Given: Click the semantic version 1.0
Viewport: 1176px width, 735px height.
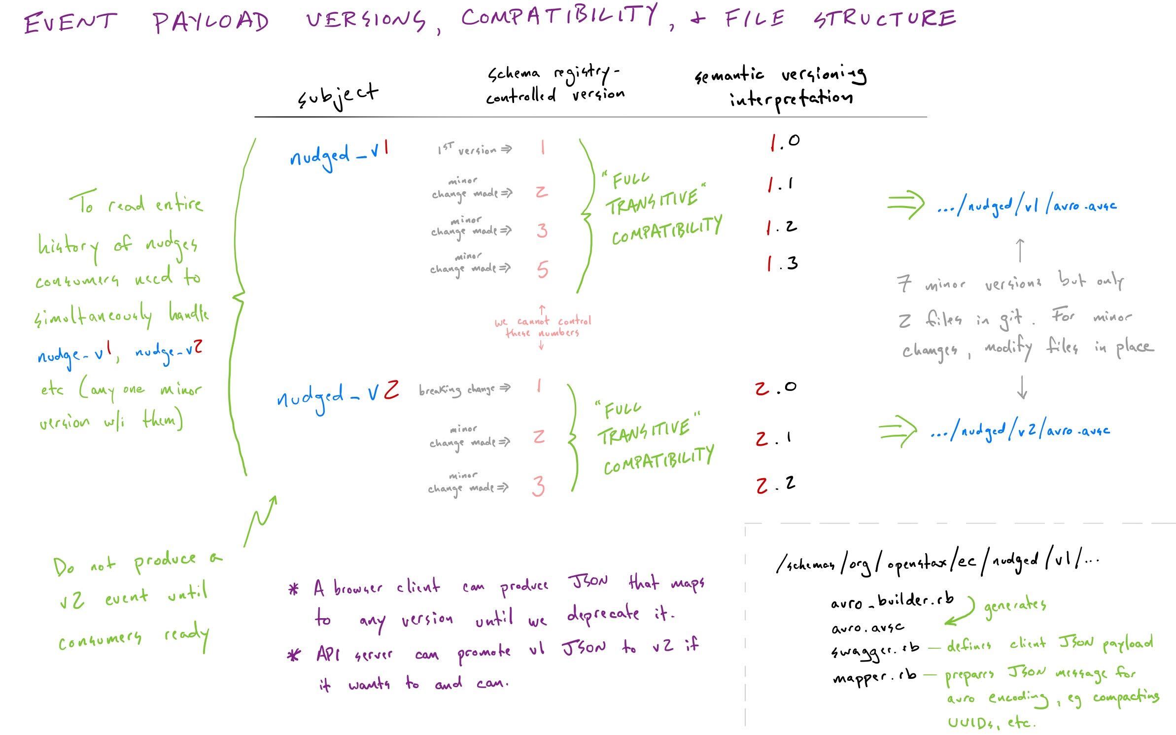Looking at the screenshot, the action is point(785,142).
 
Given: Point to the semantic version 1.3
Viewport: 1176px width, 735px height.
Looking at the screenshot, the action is point(782,264).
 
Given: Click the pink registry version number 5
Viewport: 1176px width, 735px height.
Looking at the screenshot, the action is point(542,270).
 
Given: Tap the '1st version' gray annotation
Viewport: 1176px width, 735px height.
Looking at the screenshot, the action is point(474,149).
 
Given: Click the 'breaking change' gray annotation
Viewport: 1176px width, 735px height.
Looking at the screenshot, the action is point(464,389).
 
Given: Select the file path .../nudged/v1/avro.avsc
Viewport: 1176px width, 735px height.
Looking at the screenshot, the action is point(1027,206).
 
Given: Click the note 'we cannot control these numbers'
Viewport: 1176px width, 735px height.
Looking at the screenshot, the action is point(542,327).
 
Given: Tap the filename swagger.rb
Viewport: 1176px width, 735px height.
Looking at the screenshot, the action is point(875,650).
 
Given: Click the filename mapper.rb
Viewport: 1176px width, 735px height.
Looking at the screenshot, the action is point(874,676).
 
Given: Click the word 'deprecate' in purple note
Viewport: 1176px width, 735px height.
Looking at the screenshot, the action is point(603,614).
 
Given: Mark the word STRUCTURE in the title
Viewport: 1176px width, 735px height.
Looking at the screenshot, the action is point(885,20).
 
